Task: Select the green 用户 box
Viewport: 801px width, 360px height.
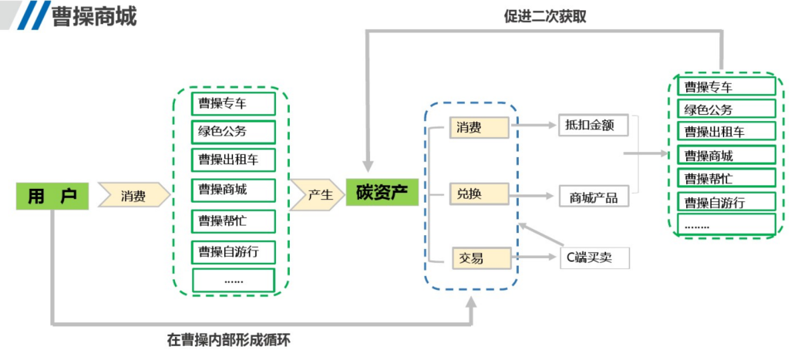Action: coord(52,196)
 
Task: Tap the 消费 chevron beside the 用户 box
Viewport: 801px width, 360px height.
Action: coord(133,196)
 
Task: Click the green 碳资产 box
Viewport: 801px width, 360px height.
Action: coord(382,192)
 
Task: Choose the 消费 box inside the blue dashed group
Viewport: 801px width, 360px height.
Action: coord(480,127)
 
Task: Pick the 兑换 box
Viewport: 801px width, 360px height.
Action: coord(480,193)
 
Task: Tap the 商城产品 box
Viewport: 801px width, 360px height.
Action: coord(593,197)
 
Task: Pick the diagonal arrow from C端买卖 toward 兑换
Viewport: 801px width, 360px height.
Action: coord(540,237)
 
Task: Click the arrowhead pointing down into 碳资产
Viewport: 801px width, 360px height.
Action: coord(369,165)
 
